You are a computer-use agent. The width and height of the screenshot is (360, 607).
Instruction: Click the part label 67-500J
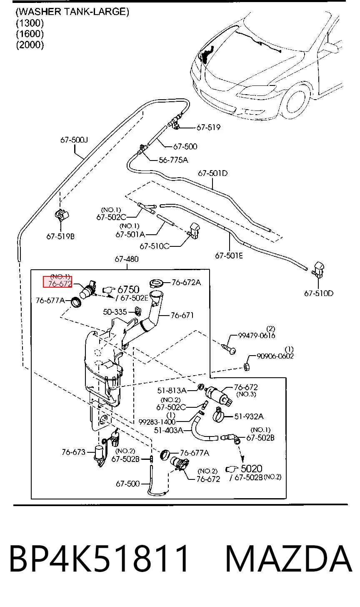pyautogui.click(x=74, y=140)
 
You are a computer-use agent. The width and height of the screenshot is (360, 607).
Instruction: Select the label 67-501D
pyautogui.click(x=212, y=173)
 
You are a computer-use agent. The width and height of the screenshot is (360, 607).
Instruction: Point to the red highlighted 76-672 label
pyautogui.click(x=57, y=281)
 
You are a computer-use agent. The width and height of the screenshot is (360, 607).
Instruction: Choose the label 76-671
pyautogui.click(x=182, y=315)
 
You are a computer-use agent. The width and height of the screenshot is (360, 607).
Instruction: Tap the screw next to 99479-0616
pyautogui.click(x=229, y=349)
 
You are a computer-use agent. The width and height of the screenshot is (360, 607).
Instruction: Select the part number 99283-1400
pyautogui.click(x=157, y=422)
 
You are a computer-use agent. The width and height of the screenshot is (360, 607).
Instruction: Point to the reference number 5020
pyautogui.click(x=251, y=469)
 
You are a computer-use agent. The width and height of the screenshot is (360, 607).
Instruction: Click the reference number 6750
pyautogui.click(x=128, y=289)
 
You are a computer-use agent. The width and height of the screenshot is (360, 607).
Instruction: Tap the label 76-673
pyautogui.click(x=73, y=452)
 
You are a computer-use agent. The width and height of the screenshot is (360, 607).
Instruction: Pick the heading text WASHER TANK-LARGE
pyautogui.click(x=72, y=12)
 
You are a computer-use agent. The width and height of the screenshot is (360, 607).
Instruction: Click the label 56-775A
pyautogui.click(x=173, y=160)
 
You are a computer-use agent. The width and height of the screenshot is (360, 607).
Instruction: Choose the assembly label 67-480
pyautogui.click(x=127, y=259)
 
